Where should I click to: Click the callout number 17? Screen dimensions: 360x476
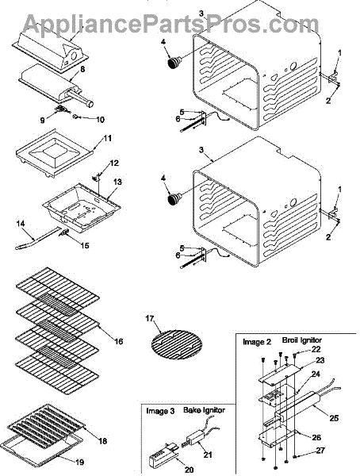(x=150, y=318)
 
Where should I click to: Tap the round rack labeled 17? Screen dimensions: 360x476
(x=176, y=345)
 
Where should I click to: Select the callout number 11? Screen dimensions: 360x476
(x=108, y=138)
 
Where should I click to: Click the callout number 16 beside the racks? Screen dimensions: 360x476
(x=119, y=341)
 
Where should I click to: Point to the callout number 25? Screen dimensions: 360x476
(x=334, y=418)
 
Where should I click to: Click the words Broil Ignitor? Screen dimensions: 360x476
(x=302, y=340)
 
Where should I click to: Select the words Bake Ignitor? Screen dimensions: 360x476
(x=204, y=410)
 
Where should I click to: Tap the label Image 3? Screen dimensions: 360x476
(x=160, y=411)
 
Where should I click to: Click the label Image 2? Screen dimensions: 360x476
(x=257, y=342)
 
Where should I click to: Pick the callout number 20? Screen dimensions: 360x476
(x=189, y=470)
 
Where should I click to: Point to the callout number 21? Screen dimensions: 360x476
(x=208, y=455)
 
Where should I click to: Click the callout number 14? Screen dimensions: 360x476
(x=21, y=224)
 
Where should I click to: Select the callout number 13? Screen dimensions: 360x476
(x=117, y=182)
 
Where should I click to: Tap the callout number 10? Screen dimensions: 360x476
(x=100, y=120)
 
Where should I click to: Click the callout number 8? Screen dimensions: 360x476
(x=82, y=69)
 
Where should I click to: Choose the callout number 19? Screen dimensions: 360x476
(x=79, y=462)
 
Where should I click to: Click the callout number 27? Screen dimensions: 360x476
(x=320, y=451)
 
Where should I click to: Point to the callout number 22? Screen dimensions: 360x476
(x=316, y=349)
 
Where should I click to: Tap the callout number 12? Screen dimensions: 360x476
(x=114, y=163)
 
